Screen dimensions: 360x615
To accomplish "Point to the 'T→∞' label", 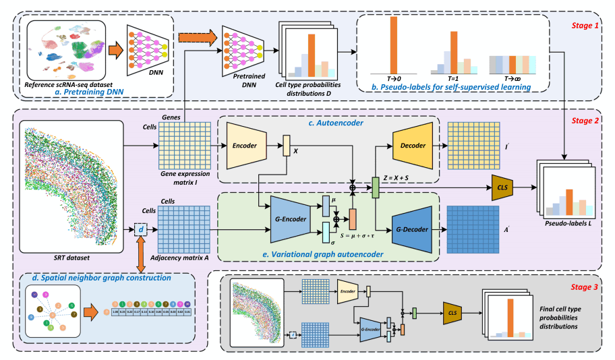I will pyautogui.click(x=517, y=79).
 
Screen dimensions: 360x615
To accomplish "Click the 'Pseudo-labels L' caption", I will pyautogui.click(x=565, y=221).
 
